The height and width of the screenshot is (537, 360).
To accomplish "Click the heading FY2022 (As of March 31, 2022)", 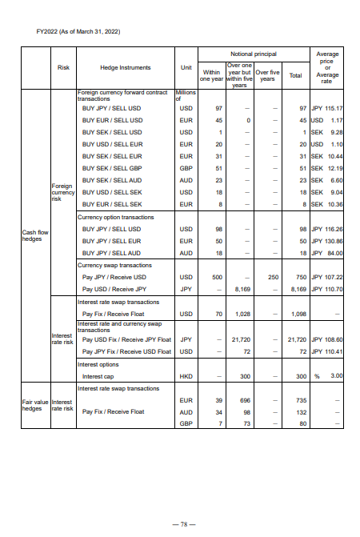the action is [71, 30].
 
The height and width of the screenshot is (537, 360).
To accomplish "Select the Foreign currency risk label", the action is [62, 193].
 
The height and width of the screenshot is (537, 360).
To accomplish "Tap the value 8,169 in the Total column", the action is [298, 289].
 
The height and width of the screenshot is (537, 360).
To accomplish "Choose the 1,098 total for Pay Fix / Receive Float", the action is [298, 314].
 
